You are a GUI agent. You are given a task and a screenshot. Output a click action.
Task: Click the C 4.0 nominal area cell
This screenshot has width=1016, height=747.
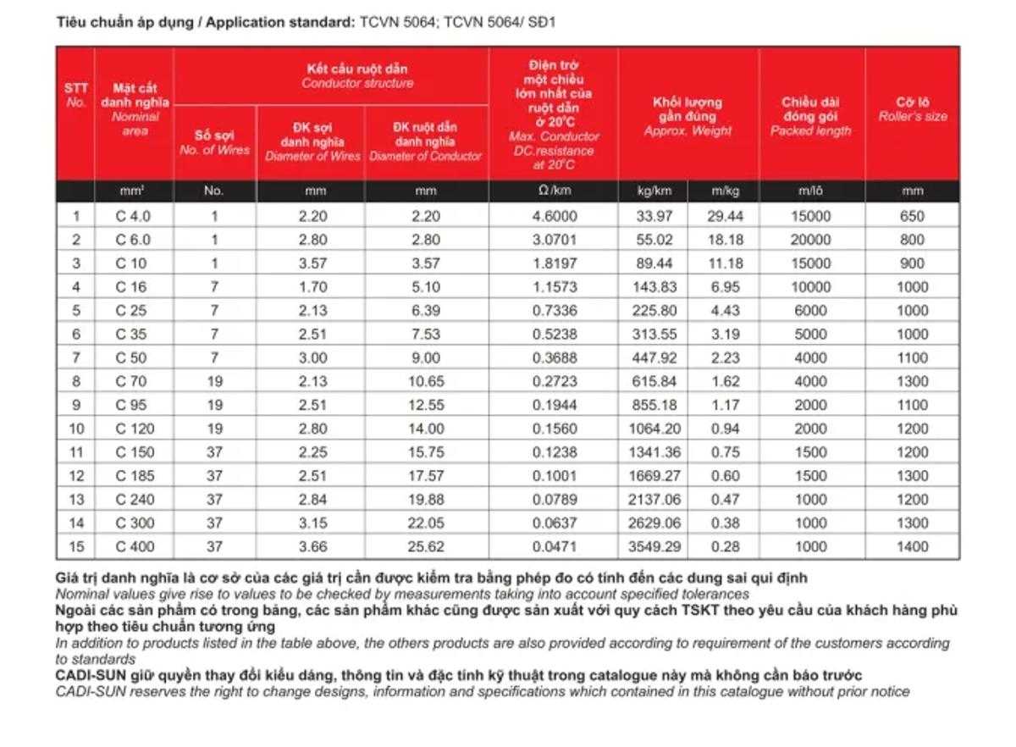tap(133, 216)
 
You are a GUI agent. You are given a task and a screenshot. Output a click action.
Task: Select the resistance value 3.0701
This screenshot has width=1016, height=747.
tap(555, 240)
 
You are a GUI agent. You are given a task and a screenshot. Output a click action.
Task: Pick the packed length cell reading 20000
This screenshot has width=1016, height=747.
tap(810, 240)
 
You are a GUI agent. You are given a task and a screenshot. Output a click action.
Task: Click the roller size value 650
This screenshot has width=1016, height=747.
tap(912, 216)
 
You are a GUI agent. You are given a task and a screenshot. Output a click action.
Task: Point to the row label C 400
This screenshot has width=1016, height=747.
tap(135, 547)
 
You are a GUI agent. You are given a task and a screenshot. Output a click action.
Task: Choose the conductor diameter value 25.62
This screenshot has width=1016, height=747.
tap(425, 547)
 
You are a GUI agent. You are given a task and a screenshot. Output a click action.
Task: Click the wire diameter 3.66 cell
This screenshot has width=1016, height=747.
tap(312, 547)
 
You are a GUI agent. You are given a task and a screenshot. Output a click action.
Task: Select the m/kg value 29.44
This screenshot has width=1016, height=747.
tap(725, 216)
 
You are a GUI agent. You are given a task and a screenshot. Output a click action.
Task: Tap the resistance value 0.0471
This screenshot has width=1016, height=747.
tap(555, 547)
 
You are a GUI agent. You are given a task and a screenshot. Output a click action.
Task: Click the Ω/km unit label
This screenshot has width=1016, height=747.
tap(555, 191)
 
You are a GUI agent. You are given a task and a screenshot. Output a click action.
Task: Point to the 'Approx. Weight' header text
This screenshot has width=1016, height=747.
tap(687, 131)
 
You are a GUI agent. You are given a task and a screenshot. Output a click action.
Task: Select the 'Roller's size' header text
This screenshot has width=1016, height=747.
tap(913, 117)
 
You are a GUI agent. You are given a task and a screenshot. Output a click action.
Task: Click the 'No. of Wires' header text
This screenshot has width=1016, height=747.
tap(214, 150)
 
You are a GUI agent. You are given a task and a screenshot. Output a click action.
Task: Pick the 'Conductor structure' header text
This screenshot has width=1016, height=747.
tap(357, 83)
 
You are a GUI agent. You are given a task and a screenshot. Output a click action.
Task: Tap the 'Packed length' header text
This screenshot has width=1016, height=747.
tap(810, 131)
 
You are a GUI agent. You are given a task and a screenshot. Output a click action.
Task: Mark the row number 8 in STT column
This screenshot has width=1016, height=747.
tap(76, 382)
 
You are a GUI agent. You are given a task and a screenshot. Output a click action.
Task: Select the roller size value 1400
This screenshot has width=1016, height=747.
tap(912, 547)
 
